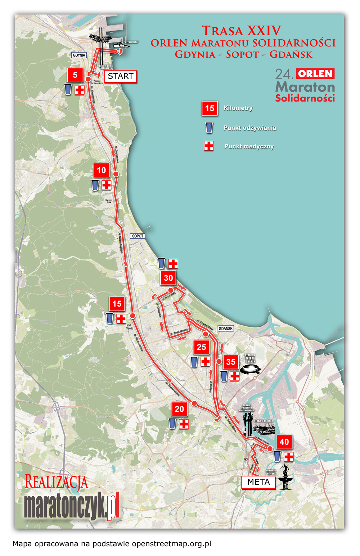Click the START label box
(x=120, y=76)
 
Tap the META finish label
(x=258, y=482)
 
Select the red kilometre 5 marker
(x=75, y=75)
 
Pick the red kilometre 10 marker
(x=102, y=170)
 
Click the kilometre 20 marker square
(x=179, y=409)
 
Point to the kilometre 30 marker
(x=168, y=278)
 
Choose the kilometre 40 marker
(x=284, y=442)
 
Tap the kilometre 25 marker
(x=201, y=347)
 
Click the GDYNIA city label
(x=79, y=55)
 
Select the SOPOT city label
(x=138, y=236)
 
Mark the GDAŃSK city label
(x=226, y=329)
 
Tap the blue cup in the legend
(x=209, y=127)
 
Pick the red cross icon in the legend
(x=209, y=146)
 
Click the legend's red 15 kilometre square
(x=210, y=108)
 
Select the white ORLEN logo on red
(x=315, y=74)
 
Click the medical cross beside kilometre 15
(x=121, y=318)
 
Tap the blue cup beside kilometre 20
(x=172, y=423)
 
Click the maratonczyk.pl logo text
(x=71, y=507)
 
